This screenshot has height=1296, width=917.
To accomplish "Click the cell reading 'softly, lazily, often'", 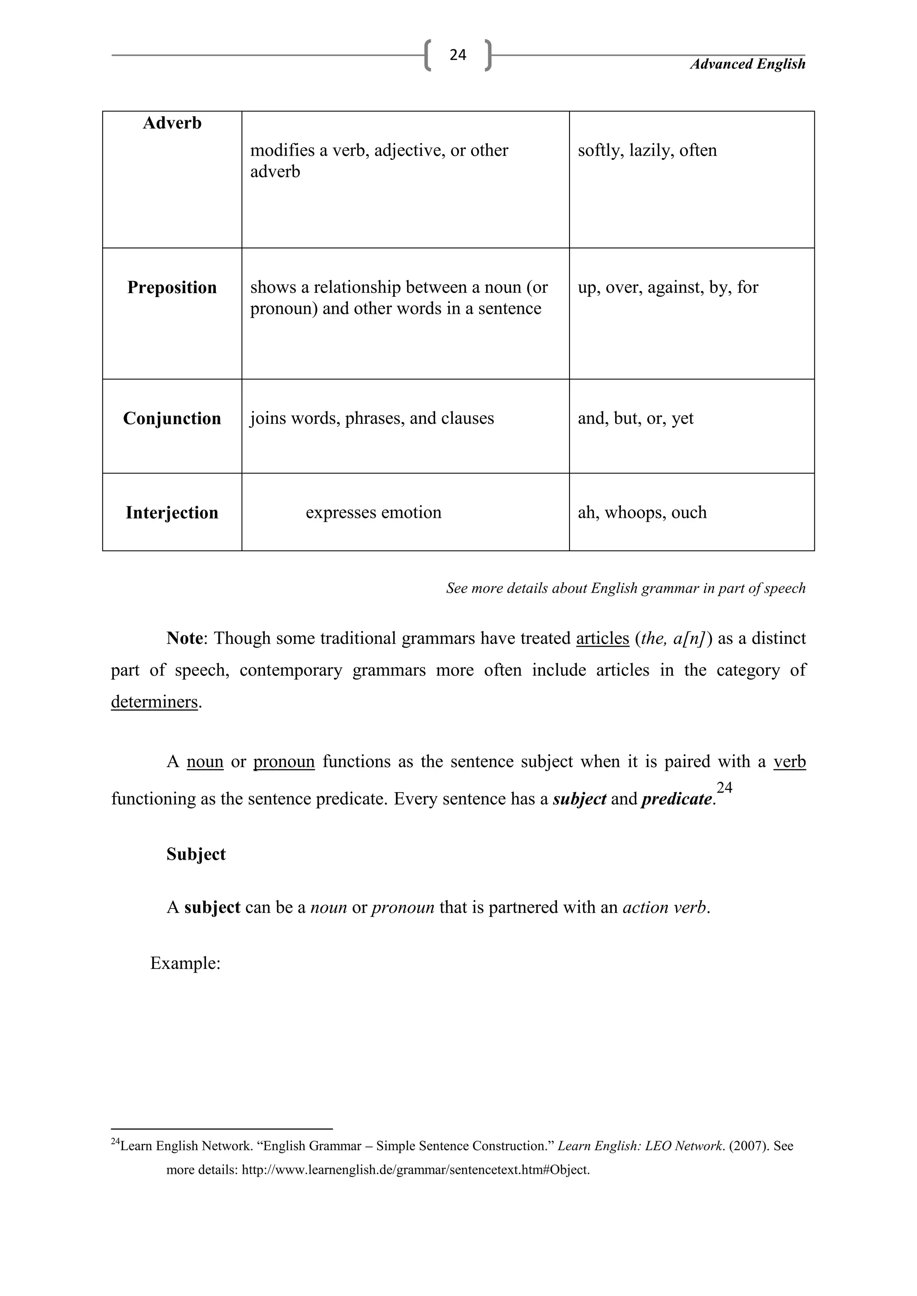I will (647, 150).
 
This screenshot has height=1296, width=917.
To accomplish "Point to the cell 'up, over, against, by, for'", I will (668, 287).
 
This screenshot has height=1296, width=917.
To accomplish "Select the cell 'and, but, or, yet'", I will (635, 418).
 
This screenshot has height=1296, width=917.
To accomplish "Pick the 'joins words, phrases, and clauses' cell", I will (372, 418).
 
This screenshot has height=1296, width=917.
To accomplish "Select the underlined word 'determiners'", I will (154, 702).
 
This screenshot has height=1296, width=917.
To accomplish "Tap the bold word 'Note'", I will (184, 639).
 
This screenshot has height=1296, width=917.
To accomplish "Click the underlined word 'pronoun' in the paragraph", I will (283, 762).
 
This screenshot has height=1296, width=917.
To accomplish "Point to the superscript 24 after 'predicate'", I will (724, 788).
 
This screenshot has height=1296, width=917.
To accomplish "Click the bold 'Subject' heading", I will (196, 854).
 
